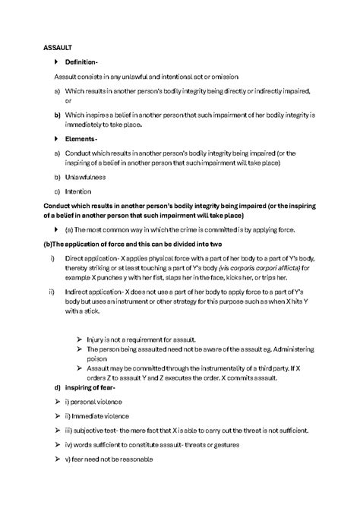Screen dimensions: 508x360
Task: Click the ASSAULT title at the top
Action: coord(58,47)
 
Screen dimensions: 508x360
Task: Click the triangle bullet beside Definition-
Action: coord(56,62)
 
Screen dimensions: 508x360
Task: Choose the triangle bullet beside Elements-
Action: coord(56,139)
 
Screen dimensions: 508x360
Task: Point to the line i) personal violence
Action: coord(93,402)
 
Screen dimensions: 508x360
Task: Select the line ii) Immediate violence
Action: coord(97,415)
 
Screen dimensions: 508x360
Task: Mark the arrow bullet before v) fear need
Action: coord(56,459)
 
